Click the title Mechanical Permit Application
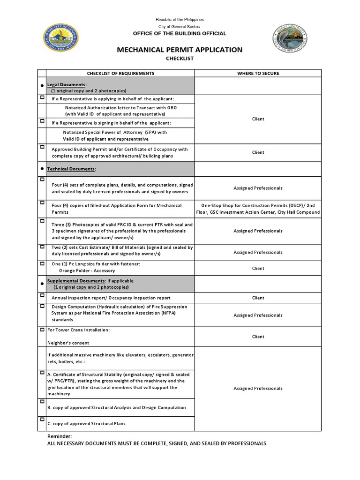pyautogui.click(x=180, y=50)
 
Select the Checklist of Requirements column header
pyautogui.click(x=120, y=74)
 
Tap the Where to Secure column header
pyautogui.click(x=258, y=74)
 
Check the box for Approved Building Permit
pyautogui.click(x=42, y=147)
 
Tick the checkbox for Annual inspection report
pyautogui.click(x=42, y=297)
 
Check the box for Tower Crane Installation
pyautogui.click(x=42, y=330)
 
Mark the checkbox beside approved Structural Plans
pyautogui.click(x=42, y=422)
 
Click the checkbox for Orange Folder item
pyautogui.click(x=42, y=263)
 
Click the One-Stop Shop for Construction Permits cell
pyautogui.click(x=258, y=209)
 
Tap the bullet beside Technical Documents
pyautogui.click(x=42, y=168)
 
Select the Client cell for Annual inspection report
pyautogui.click(x=258, y=298)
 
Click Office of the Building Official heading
pyautogui.click(x=180, y=34)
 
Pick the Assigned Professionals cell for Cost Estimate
pyautogui.click(x=258, y=252)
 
